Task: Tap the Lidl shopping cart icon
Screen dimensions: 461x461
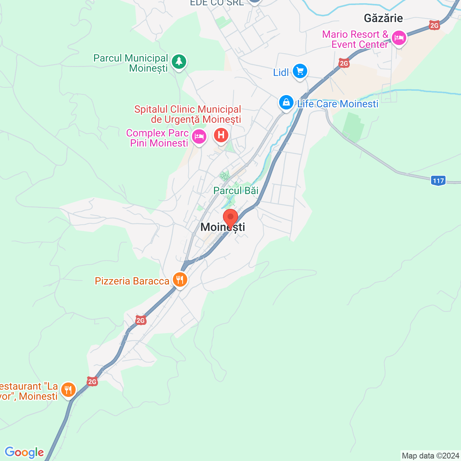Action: (300, 71)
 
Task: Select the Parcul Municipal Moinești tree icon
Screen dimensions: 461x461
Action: (179, 62)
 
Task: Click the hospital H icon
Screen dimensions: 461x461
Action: (221, 136)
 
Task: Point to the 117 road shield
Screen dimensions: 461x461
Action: (438, 180)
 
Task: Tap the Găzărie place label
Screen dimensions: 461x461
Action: (383, 18)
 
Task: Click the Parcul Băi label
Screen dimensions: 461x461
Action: (236, 191)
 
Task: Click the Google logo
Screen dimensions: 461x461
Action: (24, 452)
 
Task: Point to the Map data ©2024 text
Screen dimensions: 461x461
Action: (430, 456)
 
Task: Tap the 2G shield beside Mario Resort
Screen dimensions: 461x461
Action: (435, 25)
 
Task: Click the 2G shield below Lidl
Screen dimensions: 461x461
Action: (344, 63)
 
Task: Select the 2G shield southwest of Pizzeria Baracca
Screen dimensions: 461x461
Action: (140, 320)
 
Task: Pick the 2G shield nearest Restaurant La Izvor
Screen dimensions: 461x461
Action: (92, 381)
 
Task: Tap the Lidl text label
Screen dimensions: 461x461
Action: (281, 73)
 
